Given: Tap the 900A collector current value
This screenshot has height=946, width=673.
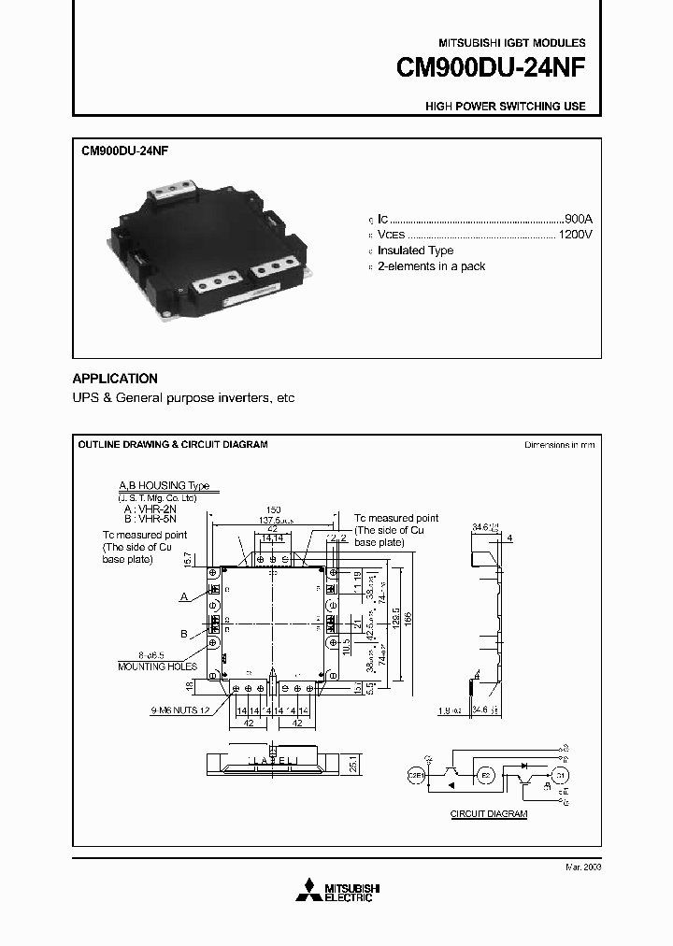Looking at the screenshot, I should coord(579,218).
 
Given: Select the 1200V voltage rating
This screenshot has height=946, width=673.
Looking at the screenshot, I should coord(575,234).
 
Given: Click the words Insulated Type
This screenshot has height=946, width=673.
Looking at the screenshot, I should coord(415,251).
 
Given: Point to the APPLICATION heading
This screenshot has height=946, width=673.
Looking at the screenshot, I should coord(115,379).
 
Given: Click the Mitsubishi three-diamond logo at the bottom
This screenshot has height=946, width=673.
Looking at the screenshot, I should coord(308,892).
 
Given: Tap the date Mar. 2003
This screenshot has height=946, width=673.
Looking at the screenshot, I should coord(583,867).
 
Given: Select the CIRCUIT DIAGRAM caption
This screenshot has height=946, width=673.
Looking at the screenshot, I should coord(489,814).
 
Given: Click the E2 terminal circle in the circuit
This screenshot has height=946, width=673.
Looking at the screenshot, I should coord(483,775).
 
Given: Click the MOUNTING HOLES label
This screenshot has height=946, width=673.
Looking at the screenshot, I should coord(156,666).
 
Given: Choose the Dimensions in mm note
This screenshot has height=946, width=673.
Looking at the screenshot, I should coord(559,445).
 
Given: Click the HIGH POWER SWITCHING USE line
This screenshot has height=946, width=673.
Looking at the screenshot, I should coord(506,107).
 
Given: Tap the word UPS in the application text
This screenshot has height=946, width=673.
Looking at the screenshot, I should coord(86,398).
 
